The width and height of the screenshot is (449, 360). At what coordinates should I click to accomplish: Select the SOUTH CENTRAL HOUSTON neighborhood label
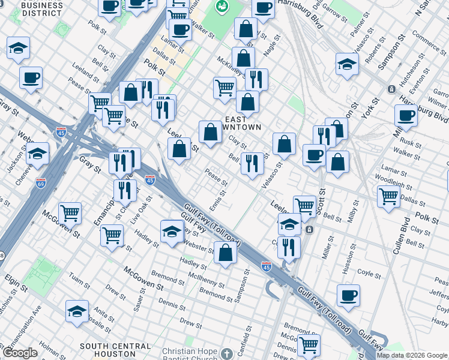click(115, 350)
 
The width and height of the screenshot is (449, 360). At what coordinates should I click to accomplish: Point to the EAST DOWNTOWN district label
click(243, 123)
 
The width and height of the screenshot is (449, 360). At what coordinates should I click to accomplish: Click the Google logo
click(20, 353)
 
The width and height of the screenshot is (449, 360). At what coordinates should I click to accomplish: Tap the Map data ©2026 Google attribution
click(412, 355)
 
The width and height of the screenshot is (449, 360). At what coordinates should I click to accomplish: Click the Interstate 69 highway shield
click(41, 182)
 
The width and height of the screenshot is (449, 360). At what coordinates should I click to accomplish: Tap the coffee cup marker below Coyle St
click(348, 295)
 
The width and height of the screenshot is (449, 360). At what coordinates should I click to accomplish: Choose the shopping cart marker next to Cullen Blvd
click(389, 195)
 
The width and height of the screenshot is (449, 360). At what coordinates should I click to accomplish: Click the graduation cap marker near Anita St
click(77, 311)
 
